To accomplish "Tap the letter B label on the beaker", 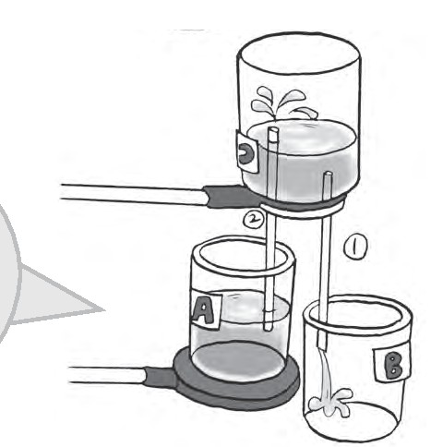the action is coord(392,366).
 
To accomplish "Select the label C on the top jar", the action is coord(247,152).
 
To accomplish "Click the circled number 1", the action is coord(355,247).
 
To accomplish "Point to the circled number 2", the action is coord(254,219).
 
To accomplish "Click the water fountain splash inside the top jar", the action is coord(281,103).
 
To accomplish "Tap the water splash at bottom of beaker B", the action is coord(330,403).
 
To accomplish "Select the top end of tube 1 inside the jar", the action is coord(328,175).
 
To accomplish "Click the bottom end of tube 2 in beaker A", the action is coord(268,329).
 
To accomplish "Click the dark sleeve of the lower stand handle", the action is coord(160,376).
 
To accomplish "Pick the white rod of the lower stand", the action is coord(107,375).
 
